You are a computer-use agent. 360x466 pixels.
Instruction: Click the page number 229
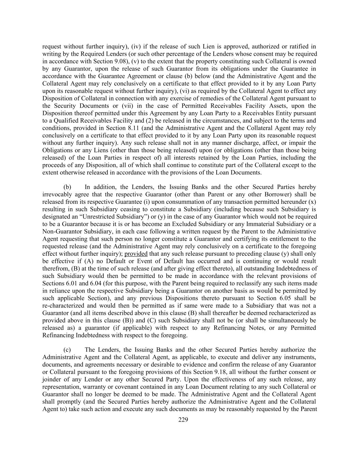point(183,420)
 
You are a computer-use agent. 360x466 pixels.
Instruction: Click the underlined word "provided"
point(136,254)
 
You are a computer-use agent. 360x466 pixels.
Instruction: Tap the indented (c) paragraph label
point(67,350)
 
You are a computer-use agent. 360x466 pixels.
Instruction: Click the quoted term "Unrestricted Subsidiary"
point(113,217)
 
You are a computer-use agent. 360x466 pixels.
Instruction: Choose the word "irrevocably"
point(57,195)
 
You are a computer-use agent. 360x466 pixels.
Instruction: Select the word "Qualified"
point(61,121)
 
